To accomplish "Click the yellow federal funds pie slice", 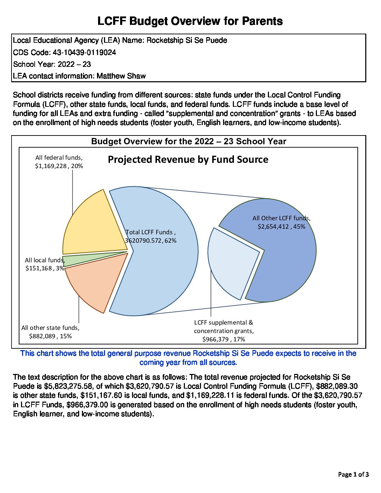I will [93, 224].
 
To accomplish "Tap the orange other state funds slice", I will [95, 280].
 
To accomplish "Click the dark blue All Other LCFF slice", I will [287, 259].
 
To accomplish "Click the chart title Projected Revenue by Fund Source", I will [188, 160].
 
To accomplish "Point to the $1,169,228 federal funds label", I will [50, 166].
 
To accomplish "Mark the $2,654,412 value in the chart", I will [273, 227].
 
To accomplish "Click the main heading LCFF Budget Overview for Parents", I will [190, 21].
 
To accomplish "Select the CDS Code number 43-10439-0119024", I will [84, 53].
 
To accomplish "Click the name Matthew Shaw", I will [121, 76].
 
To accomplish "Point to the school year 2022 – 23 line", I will [52, 64].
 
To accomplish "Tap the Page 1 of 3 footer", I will [353, 474].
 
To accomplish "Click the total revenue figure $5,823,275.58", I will [66, 386].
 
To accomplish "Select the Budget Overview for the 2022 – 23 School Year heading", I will [189, 141].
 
